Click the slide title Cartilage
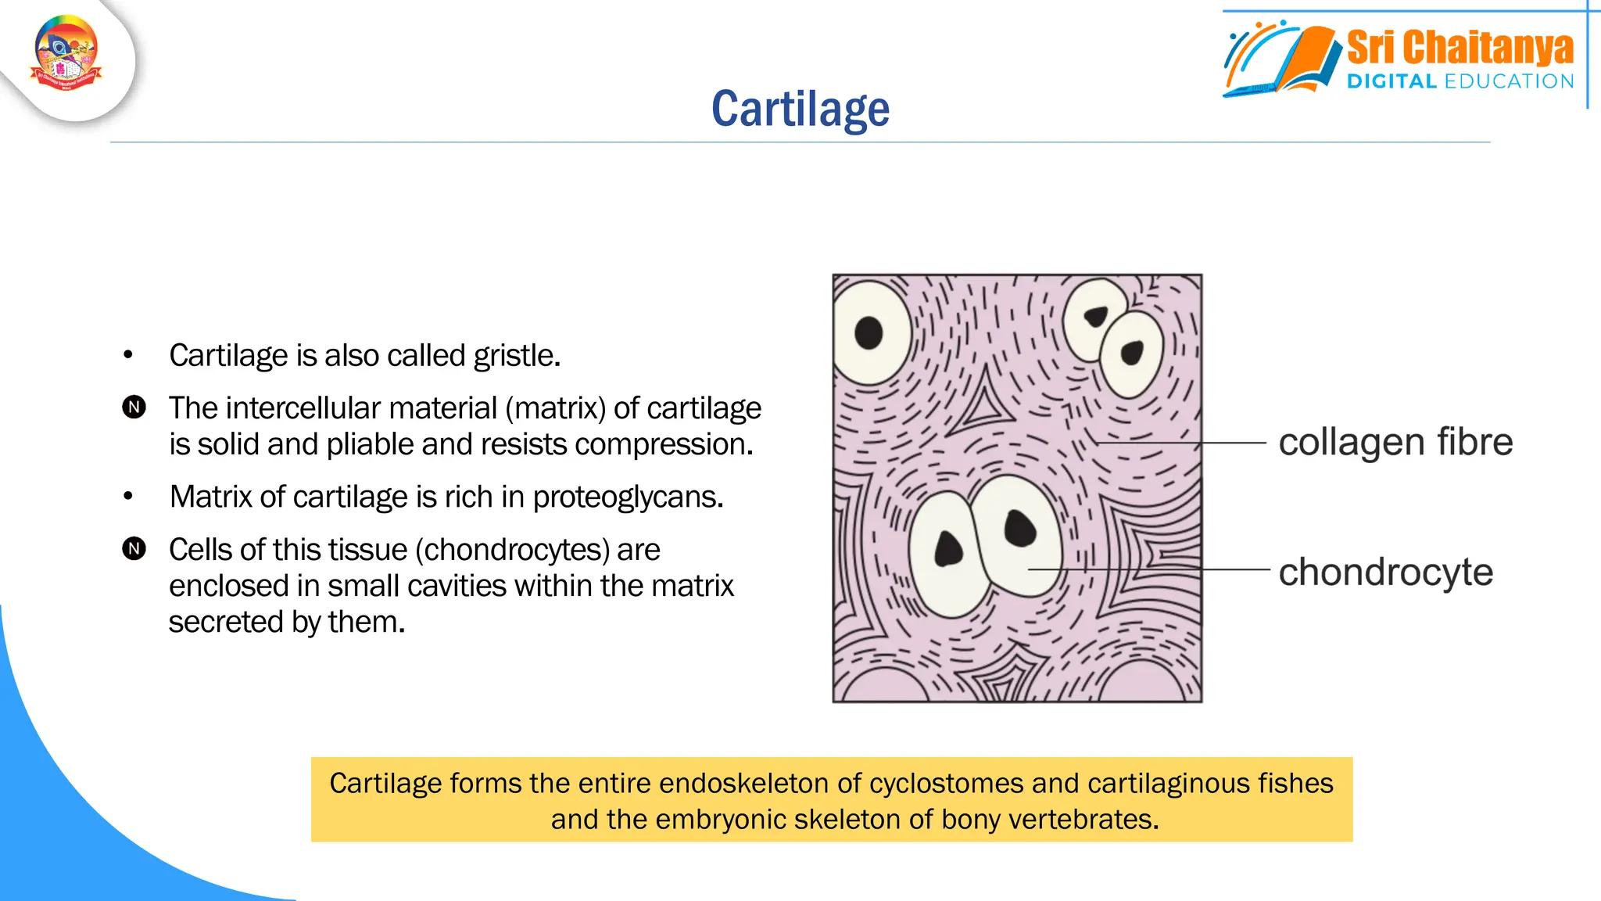point(800,109)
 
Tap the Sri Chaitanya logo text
point(1460,48)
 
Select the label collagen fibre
point(1395,442)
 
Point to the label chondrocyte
point(1385,572)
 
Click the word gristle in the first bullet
point(516,356)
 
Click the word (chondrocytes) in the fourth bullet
point(512,550)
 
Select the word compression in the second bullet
point(664,444)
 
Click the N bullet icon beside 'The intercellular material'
point(134,407)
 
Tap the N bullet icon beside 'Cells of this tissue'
point(134,549)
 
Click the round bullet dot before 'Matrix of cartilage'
point(128,497)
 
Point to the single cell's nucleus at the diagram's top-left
point(869,333)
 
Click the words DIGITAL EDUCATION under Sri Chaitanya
point(1460,81)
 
